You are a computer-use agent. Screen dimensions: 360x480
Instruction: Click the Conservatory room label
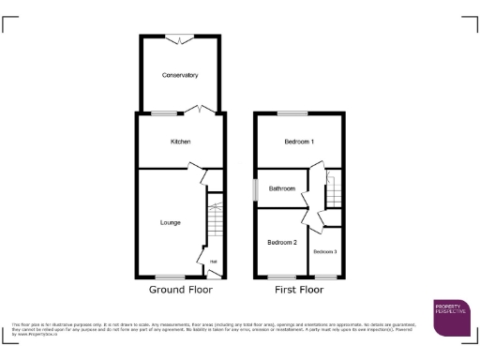coord(179,75)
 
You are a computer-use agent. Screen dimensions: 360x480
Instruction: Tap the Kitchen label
coord(180,142)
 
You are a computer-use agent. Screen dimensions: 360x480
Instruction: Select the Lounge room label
coord(170,222)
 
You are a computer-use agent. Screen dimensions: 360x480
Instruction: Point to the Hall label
coord(213,262)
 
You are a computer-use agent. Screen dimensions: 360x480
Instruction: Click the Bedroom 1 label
coord(299,142)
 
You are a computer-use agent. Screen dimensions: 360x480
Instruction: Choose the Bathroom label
coord(281,188)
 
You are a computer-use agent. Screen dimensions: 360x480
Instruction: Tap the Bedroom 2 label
coord(281,243)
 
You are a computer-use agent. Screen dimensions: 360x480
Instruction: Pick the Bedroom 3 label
coord(324,252)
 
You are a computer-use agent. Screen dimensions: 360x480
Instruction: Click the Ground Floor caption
coord(174,291)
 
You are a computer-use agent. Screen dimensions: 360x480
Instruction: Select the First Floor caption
coord(299,291)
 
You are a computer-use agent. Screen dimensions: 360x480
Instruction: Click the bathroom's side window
coord(254,188)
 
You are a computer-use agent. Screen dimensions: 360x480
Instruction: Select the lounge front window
coord(170,277)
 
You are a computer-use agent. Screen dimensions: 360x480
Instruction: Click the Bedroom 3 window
coord(326,277)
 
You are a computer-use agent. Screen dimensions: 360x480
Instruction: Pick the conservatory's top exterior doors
coord(179,37)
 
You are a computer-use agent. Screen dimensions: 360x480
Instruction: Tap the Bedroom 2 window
coord(280,277)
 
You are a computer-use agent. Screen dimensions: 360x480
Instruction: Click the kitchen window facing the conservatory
coord(165,113)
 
